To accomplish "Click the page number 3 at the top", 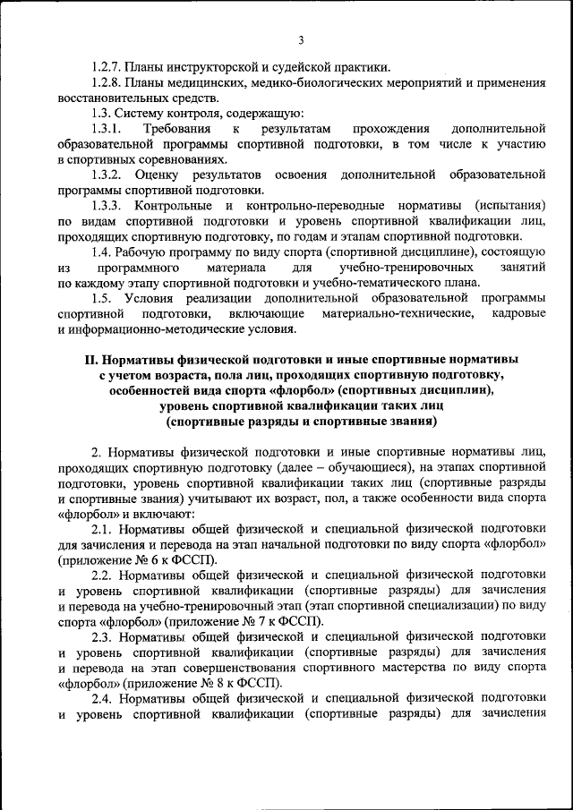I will pos(301,39).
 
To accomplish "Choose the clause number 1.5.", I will pos(101,298).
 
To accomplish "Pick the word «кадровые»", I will pos(518,314).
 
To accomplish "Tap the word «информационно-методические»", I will pos(145,329).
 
